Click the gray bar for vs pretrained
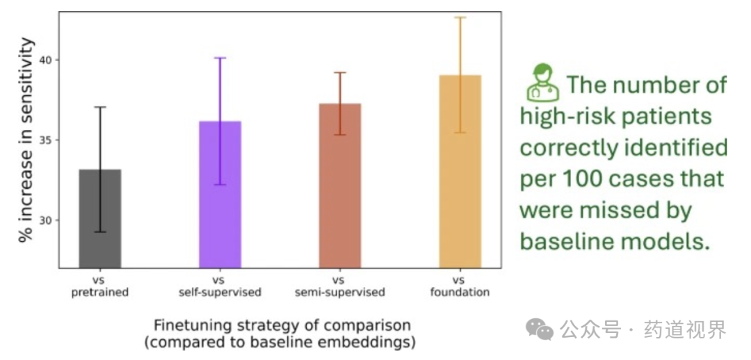point(100,218)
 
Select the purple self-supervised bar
point(220,195)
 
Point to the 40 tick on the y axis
point(48,60)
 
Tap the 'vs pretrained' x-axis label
point(100,287)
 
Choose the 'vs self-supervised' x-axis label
point(220,287)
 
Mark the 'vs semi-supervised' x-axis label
point(339,287)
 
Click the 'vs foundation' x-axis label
point(460,287)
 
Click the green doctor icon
point(542,83)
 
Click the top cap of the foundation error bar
point(460,17)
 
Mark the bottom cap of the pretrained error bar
point(100,232)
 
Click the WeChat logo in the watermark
point(540,329)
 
